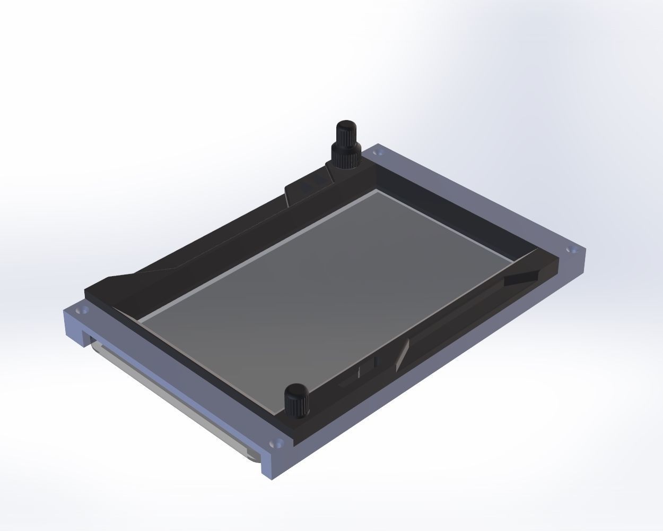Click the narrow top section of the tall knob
(346, 131)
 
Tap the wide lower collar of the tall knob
(346, 155)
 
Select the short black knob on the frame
(297, 401)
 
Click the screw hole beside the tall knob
(378, 153)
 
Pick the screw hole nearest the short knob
(275, 442)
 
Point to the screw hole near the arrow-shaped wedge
(571, 250)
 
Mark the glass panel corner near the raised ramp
(139, 322)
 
